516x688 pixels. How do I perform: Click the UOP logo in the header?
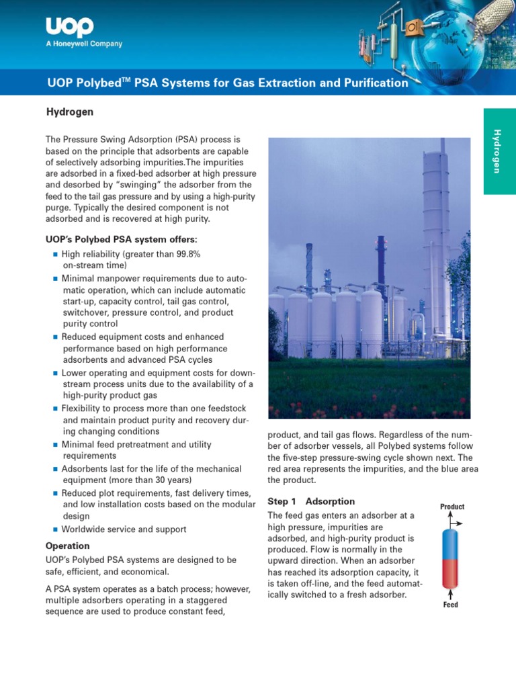pos(69,27)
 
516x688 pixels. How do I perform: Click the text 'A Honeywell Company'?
pos(84,44)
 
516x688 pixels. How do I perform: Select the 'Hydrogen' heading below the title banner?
pos(69,112)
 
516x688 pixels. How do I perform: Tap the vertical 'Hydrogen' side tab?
pos(499,151)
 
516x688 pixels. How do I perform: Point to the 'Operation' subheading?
pos(67,546)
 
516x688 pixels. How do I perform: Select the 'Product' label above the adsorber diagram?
pos(451,507)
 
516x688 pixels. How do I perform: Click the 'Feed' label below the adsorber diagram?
pos(450,605)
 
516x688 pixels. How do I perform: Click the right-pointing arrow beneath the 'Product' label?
pos(457,521)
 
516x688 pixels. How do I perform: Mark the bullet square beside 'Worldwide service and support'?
pos(56,530)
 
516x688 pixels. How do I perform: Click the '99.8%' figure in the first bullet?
pos(186,254)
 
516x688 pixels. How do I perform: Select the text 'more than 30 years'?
pos(153,480)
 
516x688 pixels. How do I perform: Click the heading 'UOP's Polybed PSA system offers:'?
pos(122,239)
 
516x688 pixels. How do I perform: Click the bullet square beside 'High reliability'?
pos(56,255)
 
